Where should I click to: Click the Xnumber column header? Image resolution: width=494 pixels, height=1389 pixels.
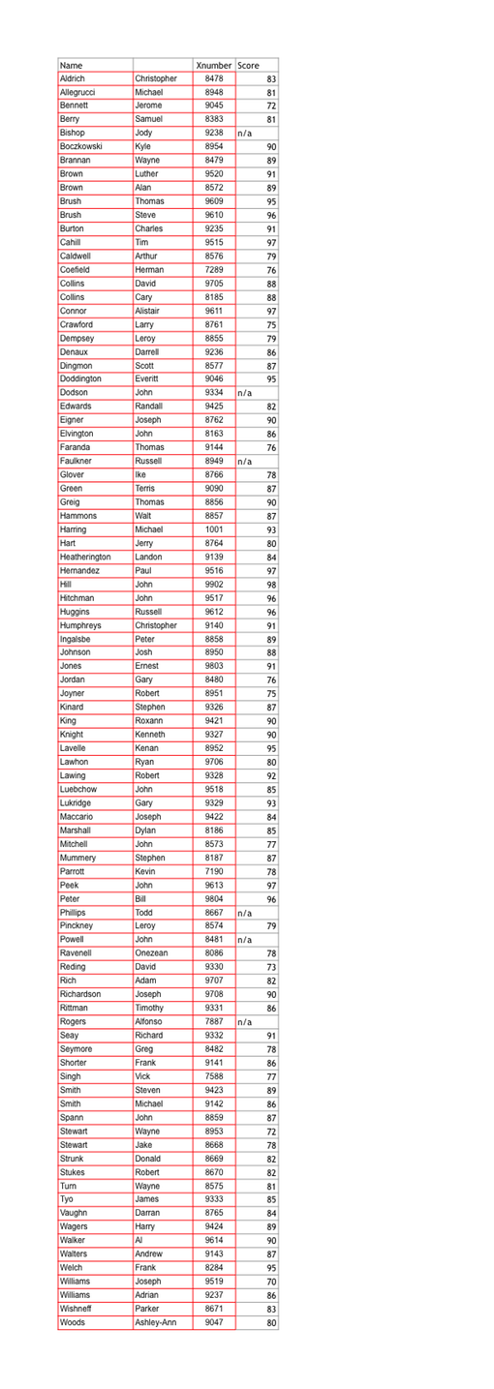tap(213, 65)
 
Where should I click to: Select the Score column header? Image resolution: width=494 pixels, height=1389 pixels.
tap(248, 65)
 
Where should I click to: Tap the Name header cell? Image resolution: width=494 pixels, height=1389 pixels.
tap(72, 65)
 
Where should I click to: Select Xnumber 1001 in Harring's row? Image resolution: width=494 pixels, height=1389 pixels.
tap(214, 529)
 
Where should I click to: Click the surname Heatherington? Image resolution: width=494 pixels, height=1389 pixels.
tap(85, 558)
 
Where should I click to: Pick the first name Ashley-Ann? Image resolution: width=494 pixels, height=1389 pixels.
tap(156, 1322)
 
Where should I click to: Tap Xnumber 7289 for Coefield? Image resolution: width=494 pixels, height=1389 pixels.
tap(214, 270)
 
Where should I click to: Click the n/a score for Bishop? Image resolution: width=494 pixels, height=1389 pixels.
tap(245, 134)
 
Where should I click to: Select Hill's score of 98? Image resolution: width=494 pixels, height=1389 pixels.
tap(271, 585)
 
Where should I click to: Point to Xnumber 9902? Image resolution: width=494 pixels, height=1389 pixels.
tap(214, 585)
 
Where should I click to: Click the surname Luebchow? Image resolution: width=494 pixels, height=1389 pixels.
tap(78, 789)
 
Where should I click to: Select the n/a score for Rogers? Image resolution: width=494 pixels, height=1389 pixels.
tap(244, 1022)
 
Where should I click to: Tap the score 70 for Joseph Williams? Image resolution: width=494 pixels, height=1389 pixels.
tap(271, 1282)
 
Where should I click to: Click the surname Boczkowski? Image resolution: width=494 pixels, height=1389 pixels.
tap(81, 146)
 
